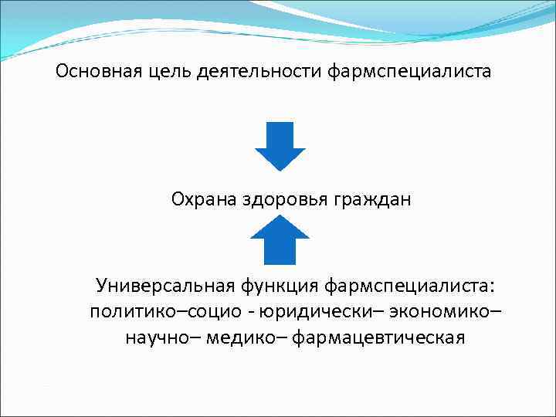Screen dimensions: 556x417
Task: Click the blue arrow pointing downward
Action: point(280,146)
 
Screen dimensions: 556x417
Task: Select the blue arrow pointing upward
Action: point(280,239)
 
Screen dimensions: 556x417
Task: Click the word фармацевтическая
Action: point(379,337)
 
